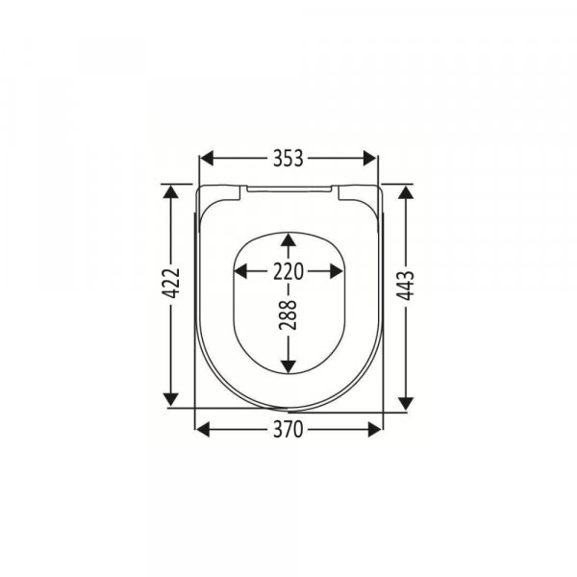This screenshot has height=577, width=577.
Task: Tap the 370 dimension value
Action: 288,430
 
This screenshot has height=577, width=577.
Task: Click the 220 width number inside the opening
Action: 288,271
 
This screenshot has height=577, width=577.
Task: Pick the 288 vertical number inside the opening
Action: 289,315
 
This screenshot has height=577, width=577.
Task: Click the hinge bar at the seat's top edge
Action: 288,189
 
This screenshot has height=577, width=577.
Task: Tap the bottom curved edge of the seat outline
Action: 288,403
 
